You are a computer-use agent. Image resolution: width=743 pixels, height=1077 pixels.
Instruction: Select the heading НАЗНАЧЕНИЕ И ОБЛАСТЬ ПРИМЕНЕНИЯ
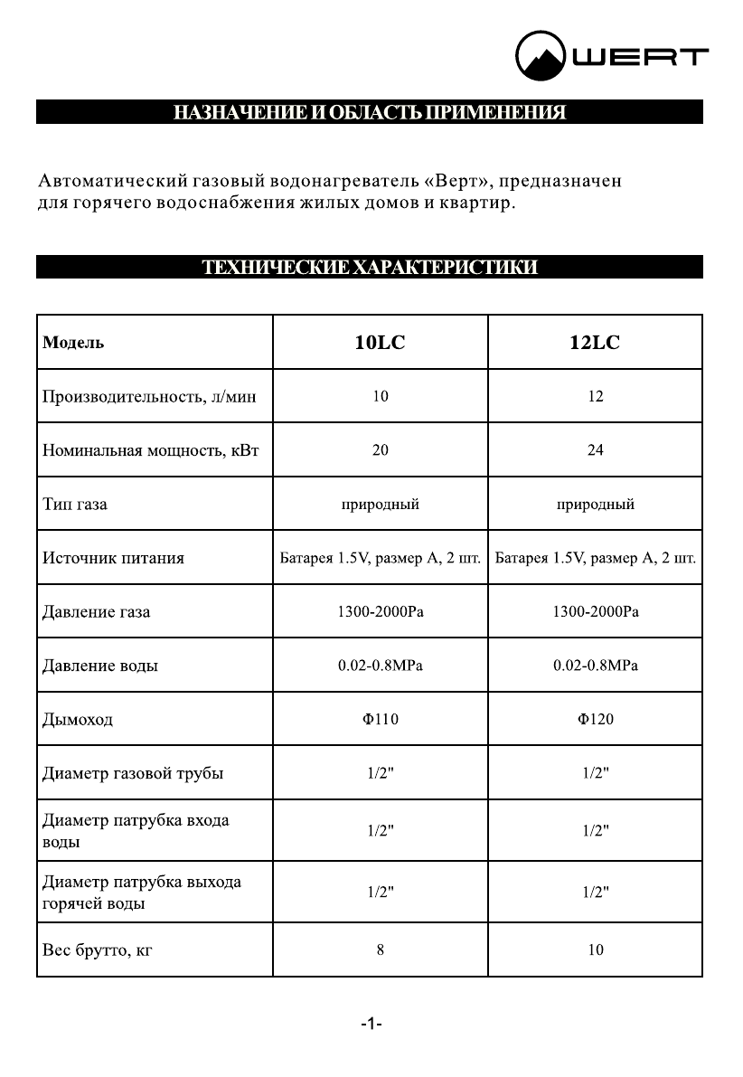click(x=370, y=113)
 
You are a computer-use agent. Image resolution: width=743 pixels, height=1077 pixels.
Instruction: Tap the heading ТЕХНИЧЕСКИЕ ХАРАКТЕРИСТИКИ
click(x=370, y=267)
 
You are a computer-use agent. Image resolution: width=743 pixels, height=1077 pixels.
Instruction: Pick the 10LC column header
click(x=380, y=343)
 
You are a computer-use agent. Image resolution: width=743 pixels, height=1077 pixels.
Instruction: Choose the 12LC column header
click(x=595, y=343)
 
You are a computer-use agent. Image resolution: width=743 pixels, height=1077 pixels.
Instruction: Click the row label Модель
click(x=73, y=343)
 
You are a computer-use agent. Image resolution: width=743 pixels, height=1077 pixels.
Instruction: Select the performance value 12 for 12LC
click(x=595, y=396)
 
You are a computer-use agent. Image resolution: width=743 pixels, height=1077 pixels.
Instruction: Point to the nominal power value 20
click(x=380, y=450)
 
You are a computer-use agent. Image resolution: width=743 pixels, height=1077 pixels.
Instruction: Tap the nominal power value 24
click(x=595, y=450)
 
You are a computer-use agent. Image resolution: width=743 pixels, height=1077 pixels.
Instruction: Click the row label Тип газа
click(x=75, y=504)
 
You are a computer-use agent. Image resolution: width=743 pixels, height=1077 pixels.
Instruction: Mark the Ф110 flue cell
click(x=380, y=720)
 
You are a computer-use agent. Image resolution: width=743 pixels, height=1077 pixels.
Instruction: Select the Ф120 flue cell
click(x=595, y=720)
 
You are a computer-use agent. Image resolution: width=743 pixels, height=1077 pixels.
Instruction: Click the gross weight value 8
click(x=380, y=949)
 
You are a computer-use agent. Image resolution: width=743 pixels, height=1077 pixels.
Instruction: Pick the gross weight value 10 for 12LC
click(x=595, y=949)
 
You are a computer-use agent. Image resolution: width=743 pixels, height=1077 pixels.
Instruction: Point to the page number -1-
click(x=371, y=1024)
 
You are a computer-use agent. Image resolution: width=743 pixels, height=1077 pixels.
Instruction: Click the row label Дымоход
click(x=78, y=720)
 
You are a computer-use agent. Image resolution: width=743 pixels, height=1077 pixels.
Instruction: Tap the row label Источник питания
click(x=113, y=558)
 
